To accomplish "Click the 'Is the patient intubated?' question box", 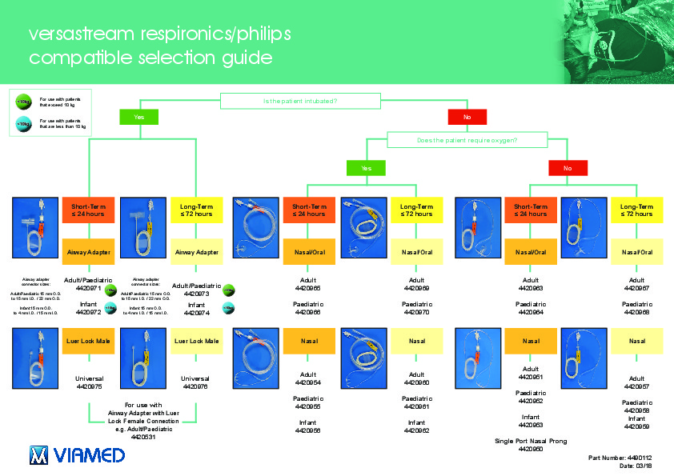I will tap(300, 101).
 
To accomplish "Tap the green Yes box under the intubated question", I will tap(140, 118).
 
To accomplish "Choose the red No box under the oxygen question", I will tap(568, 168).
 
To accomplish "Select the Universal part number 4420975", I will tap(88, 386).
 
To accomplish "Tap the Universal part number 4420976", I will tap(196, 386).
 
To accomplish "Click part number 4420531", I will tap(144, 438).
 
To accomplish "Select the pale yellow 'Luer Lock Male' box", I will tap(196, 341).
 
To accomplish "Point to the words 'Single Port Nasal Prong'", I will tap(530, 441).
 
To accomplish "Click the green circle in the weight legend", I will tap(24, 102).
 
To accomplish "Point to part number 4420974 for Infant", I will tap(196, 314).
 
